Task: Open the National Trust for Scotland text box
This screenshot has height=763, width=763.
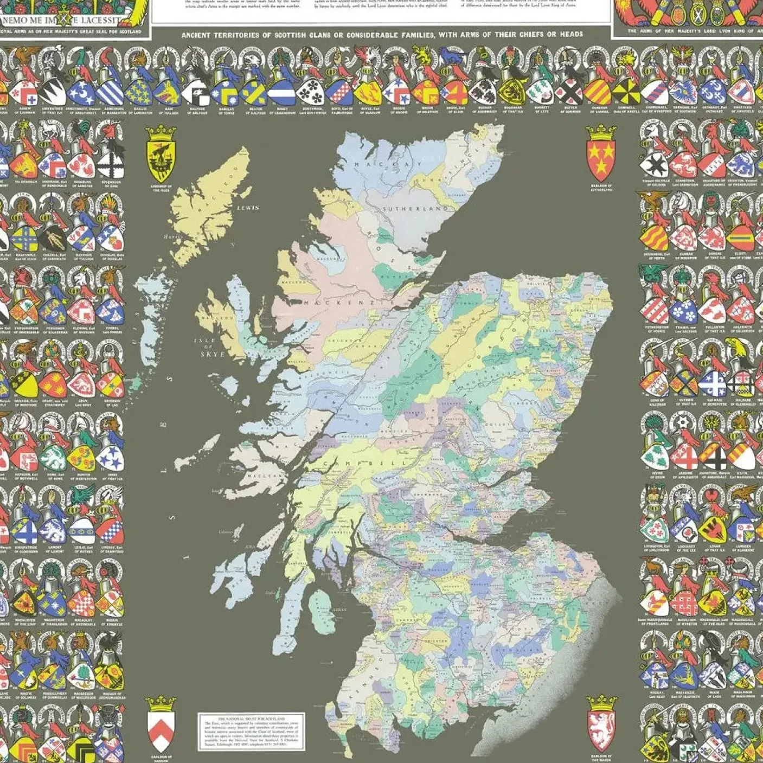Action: tap(251, 730)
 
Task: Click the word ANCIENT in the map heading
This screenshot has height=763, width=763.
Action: tap(197, 35)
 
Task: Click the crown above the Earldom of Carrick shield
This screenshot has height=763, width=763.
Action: tap(161, 703)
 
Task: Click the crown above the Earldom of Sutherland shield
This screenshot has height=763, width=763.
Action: tap(601, 132)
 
